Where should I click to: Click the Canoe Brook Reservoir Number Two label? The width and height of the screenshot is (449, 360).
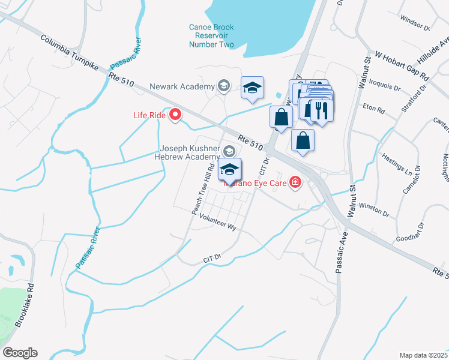pyautogui.click(x=211, y=36)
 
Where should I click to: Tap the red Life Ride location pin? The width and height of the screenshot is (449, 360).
pyautogui.click(x=175, y=113)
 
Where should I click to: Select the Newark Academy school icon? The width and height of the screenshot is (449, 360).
pyautogui.click(x=223, y=86)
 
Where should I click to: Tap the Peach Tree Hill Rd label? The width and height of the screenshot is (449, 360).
pyautogui.click(x=204, y=190)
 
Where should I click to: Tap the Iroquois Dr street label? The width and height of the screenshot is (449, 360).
pyautogui.click(x=384, y=83)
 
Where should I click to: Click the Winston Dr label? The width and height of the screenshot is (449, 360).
pyautogui.click(x=374, y=209)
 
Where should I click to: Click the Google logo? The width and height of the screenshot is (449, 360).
pyautogui.click(x=20, y=353)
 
